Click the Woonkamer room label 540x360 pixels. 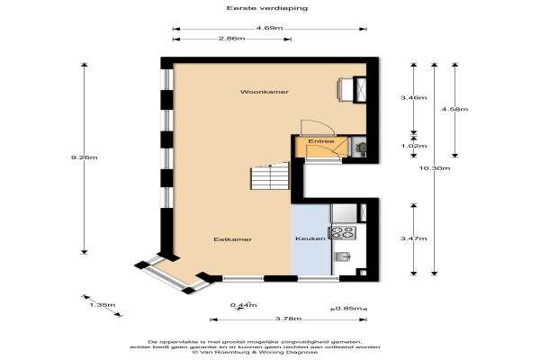click(x=264, y=92)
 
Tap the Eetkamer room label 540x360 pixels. click(x=233, y=239)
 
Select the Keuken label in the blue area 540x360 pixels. click(x=310, y=238)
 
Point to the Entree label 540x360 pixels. click(x=321, y=141)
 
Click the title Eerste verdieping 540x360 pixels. click(x=267, y=8)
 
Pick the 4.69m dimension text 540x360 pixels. click(x=269, y=28)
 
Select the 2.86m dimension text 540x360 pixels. click(x=232, y=38)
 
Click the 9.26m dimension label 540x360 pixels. click(x=84, y=157)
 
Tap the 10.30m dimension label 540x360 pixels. click(x=435, y=168)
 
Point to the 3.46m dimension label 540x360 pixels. click(x=414, y=97)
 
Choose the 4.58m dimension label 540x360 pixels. click(x=454, y=109)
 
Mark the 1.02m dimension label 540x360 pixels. click(x=414, y=146)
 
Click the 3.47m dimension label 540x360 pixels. click(x=414, y=238)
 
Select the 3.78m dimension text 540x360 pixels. click(x=288, y=319)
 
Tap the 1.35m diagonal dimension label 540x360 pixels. click(x=103, y=305)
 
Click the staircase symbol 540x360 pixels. click(x=270, y=176)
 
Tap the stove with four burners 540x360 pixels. click(x=343, y=232)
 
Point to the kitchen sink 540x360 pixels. click(x=343, y=256)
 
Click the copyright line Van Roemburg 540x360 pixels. click(x=255, y=352)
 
